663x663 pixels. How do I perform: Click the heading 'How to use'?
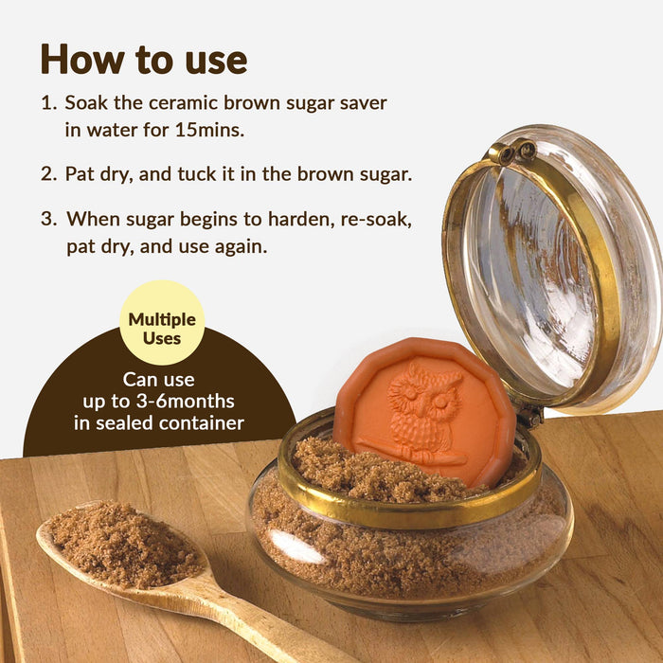(x=143, y=59)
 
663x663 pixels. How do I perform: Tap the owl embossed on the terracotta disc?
(x=421, y=409)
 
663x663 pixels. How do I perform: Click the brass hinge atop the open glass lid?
(x=511, y=152)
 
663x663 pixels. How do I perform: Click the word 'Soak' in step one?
(x=86, y=102)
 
